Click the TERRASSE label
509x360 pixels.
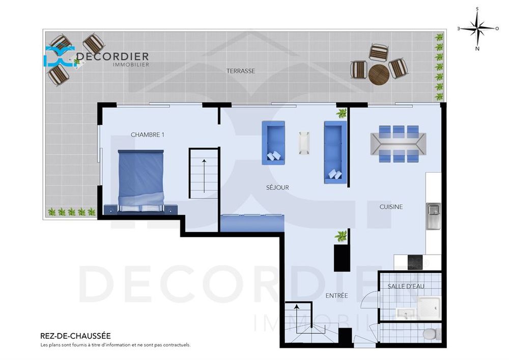[240, 71]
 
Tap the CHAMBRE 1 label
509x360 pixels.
[148, 135]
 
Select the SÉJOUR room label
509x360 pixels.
[277, 187]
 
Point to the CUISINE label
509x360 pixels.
[391, 207]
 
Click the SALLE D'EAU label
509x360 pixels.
[406, 286]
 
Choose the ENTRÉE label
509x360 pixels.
[336, 295]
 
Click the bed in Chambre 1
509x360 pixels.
[141, 179]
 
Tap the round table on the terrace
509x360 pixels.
[379, 75]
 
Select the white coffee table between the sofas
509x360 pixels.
[304, 143]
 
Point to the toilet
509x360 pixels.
[431, 335]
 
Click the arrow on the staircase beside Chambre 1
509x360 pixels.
[204, 175]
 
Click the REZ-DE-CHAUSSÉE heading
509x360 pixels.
[75, 336]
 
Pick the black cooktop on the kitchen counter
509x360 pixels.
[416, 261]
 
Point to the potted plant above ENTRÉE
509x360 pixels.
[341, 236]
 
